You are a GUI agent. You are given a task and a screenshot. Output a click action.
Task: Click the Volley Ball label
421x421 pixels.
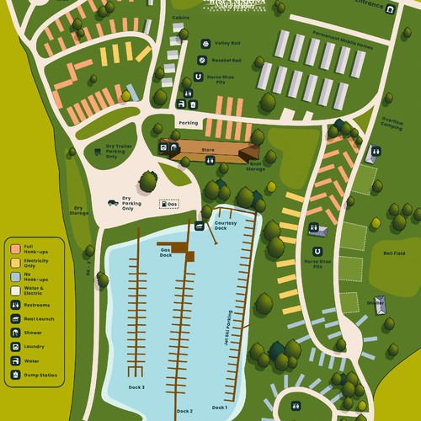tap(227, 44)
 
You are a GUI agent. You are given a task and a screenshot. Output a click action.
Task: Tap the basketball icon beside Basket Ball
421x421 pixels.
tap(203, 61)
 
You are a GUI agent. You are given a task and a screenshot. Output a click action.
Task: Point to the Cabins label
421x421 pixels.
tap(180, 17)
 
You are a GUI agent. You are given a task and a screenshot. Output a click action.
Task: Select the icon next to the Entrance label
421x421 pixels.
tap(392, 8)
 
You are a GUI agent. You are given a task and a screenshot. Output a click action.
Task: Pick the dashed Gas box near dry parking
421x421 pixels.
tap(169, 204)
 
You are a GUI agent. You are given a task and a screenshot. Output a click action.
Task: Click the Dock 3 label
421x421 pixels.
tap(137, 386)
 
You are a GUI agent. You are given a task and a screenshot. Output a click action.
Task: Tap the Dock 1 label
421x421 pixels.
tap(220, 408)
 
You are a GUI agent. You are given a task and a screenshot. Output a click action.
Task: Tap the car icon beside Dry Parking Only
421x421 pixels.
tap(112, 202)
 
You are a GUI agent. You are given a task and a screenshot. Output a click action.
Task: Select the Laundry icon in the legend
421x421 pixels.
tap(14, 346)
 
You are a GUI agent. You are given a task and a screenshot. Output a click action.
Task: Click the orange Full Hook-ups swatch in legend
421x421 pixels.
tap(14, 249)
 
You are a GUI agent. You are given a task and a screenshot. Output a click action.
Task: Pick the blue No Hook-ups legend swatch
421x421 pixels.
tap(14, 277)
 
